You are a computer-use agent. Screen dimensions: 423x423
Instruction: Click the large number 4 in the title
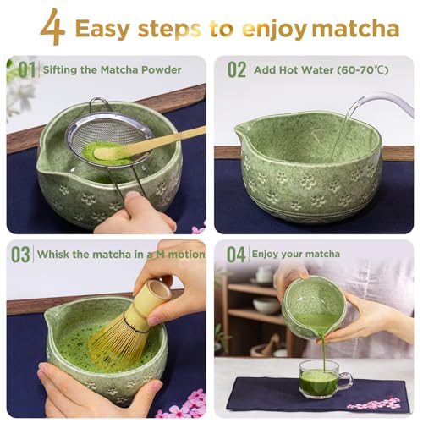click(52, 27)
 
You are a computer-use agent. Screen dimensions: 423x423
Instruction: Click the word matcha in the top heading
click(355, 30)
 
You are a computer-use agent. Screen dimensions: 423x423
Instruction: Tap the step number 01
click(26, 69)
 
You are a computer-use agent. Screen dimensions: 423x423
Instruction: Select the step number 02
click(237, 69)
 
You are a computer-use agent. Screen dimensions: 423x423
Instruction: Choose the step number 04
click(237, 254)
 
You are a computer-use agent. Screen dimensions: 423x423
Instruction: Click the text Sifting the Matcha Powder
click(112, 69)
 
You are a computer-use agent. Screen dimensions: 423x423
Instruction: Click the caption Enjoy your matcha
click(300, 254)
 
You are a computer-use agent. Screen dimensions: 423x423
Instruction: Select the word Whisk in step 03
click(57, 254)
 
